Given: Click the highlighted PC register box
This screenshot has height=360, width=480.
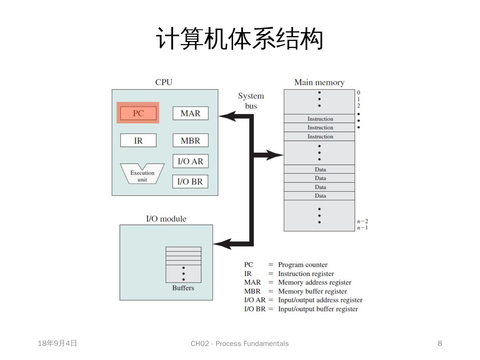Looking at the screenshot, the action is pos(138,113).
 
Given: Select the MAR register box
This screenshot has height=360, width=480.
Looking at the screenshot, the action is pos(190,113).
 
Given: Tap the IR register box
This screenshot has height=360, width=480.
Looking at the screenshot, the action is pos(138,140).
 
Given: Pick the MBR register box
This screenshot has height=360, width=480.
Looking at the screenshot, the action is pos(190,140).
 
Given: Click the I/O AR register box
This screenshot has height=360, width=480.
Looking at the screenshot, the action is pos(190,161).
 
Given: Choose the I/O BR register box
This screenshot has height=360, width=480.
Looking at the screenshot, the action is pos(190,181).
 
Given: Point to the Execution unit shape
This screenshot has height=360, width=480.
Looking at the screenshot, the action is pos(142,174).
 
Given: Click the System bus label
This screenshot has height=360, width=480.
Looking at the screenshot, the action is pos(251,101).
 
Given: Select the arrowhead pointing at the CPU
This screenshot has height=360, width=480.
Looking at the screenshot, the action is pos(227,116).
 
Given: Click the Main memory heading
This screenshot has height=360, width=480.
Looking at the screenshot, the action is pos(319,83).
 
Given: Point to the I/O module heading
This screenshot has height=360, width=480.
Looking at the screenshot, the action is pos(166,219).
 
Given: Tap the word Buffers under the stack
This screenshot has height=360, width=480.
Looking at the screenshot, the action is pos(183,288).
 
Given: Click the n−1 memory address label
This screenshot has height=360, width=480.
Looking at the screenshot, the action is pos(363,228).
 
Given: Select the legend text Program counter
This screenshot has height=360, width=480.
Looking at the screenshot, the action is pos(303,265).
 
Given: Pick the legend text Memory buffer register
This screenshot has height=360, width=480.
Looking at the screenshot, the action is pos(312,291).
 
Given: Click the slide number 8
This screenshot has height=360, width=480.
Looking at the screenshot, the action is pos(440,343).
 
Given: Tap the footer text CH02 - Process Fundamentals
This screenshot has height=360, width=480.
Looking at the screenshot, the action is pos(240,344).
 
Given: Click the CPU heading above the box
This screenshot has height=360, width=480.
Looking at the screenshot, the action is pos(164,82).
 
